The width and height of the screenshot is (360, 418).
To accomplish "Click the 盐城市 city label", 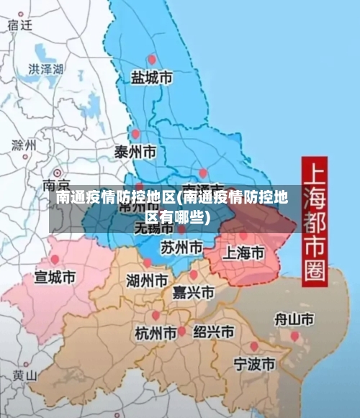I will click(x=151, y=77).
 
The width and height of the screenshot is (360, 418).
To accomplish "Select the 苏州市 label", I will click(x=181, y=247).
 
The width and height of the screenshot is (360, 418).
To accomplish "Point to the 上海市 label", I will click(x=243, y=253).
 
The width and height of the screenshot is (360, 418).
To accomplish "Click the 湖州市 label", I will click(x=147, y=280).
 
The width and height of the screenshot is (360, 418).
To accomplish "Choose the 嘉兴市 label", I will click(x=193, y=292).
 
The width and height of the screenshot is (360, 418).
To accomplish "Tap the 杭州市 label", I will click(x=156, y=334).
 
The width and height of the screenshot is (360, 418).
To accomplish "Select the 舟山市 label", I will click(x=294, y=318).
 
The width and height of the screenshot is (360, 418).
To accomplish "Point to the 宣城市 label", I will click(x=55, y=276).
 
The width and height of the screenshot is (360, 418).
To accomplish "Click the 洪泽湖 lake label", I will click(x=45, y=69).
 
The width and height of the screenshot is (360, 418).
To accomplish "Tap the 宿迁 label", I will click(x=20, y=24).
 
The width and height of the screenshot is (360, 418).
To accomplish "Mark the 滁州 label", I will click(x=24, y=145).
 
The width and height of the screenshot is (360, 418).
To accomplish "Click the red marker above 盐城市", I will click(x=151, y=60).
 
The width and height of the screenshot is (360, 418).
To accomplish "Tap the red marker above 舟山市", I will click(x=294, y=335).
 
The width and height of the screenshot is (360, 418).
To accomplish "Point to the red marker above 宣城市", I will click(x=55, y=260).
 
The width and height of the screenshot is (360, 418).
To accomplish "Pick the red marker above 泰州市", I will click(x=135, y=134).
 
